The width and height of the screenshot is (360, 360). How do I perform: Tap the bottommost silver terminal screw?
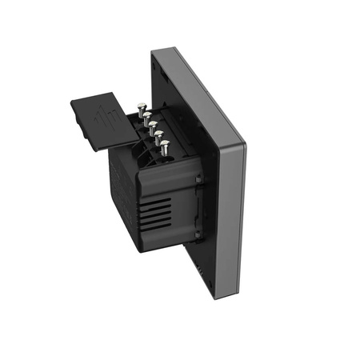(164, 146)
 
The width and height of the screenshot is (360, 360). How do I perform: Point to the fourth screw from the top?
(157, 137)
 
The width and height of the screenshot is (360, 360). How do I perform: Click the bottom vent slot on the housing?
(161, 232)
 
